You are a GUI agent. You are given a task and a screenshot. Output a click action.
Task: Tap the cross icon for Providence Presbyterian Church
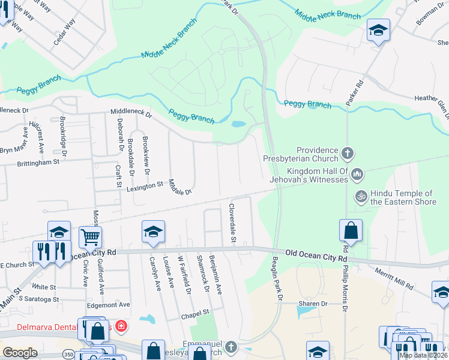(x=347, y=154)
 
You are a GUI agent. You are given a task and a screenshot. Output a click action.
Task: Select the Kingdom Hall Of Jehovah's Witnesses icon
(x=357, y=174)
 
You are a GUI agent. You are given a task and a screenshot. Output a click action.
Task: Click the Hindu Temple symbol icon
(x=361, y=196)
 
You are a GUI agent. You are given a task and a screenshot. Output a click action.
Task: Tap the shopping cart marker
(x=90, y=237)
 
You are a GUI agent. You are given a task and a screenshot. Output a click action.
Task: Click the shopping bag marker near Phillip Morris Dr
(x=351, y=230)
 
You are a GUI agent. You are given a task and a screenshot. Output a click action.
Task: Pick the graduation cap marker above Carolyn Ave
(x=153, y=232)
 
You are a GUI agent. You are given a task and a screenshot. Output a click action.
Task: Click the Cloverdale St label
(x=232, y=223)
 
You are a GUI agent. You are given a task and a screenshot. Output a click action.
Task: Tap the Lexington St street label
(x=145, y=187)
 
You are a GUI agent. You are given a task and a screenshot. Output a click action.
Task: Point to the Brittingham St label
(x=38, y=162)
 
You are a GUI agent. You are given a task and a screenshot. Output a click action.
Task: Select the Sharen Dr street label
(x=315, y=304)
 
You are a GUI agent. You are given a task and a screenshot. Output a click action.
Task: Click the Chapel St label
(x=196, y=312)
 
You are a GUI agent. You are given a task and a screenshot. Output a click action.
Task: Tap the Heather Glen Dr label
(x=431, y=100)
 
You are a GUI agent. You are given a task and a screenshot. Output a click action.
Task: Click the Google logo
(x=19, y=353)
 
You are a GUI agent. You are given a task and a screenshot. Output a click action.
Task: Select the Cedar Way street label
(x=65, y=31)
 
